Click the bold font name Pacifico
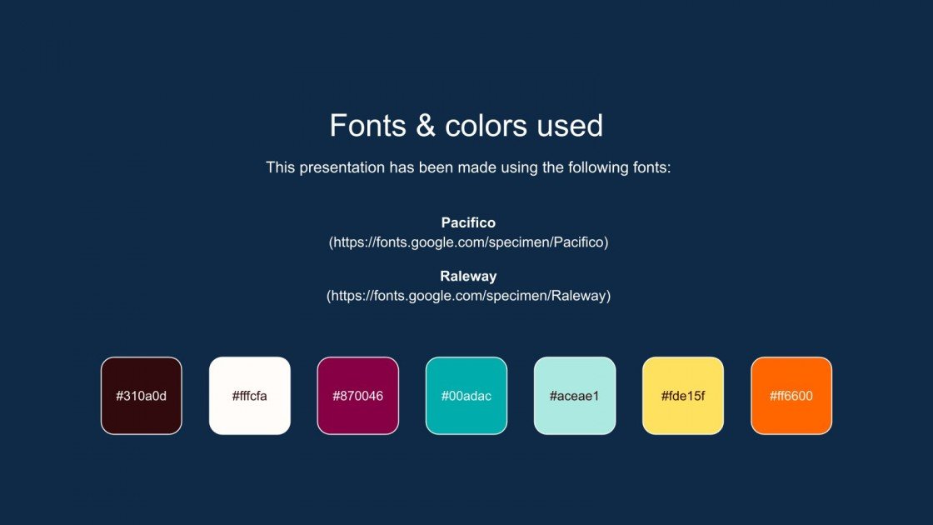468,223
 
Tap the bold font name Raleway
468,276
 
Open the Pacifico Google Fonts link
468,242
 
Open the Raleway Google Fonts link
468,296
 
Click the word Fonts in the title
367,126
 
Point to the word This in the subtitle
281,167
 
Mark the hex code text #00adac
466,396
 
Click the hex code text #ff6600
791,396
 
